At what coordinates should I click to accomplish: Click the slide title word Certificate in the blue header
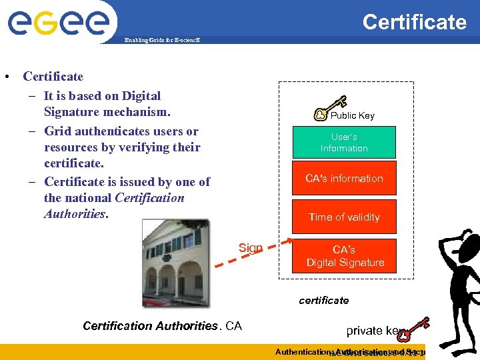coord(414,22)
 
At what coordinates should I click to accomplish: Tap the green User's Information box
coord(344,143)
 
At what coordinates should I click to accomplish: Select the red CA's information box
coord(344,178)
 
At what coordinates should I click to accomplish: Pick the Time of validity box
coord(344,217)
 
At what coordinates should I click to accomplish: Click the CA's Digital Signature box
coord(344,256)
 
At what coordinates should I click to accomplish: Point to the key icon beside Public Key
coord(330,108)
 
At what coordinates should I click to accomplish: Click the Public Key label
coord(353,115)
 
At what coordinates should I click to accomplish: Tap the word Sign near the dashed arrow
coord(251,248)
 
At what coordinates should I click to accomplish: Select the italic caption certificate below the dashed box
coord(324,300)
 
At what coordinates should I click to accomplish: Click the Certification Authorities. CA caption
coord(162,326)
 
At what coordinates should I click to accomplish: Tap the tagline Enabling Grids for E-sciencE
coord(162,40)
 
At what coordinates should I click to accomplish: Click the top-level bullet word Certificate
coord(53,77)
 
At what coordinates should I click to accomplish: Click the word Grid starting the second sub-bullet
coord(59,131)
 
